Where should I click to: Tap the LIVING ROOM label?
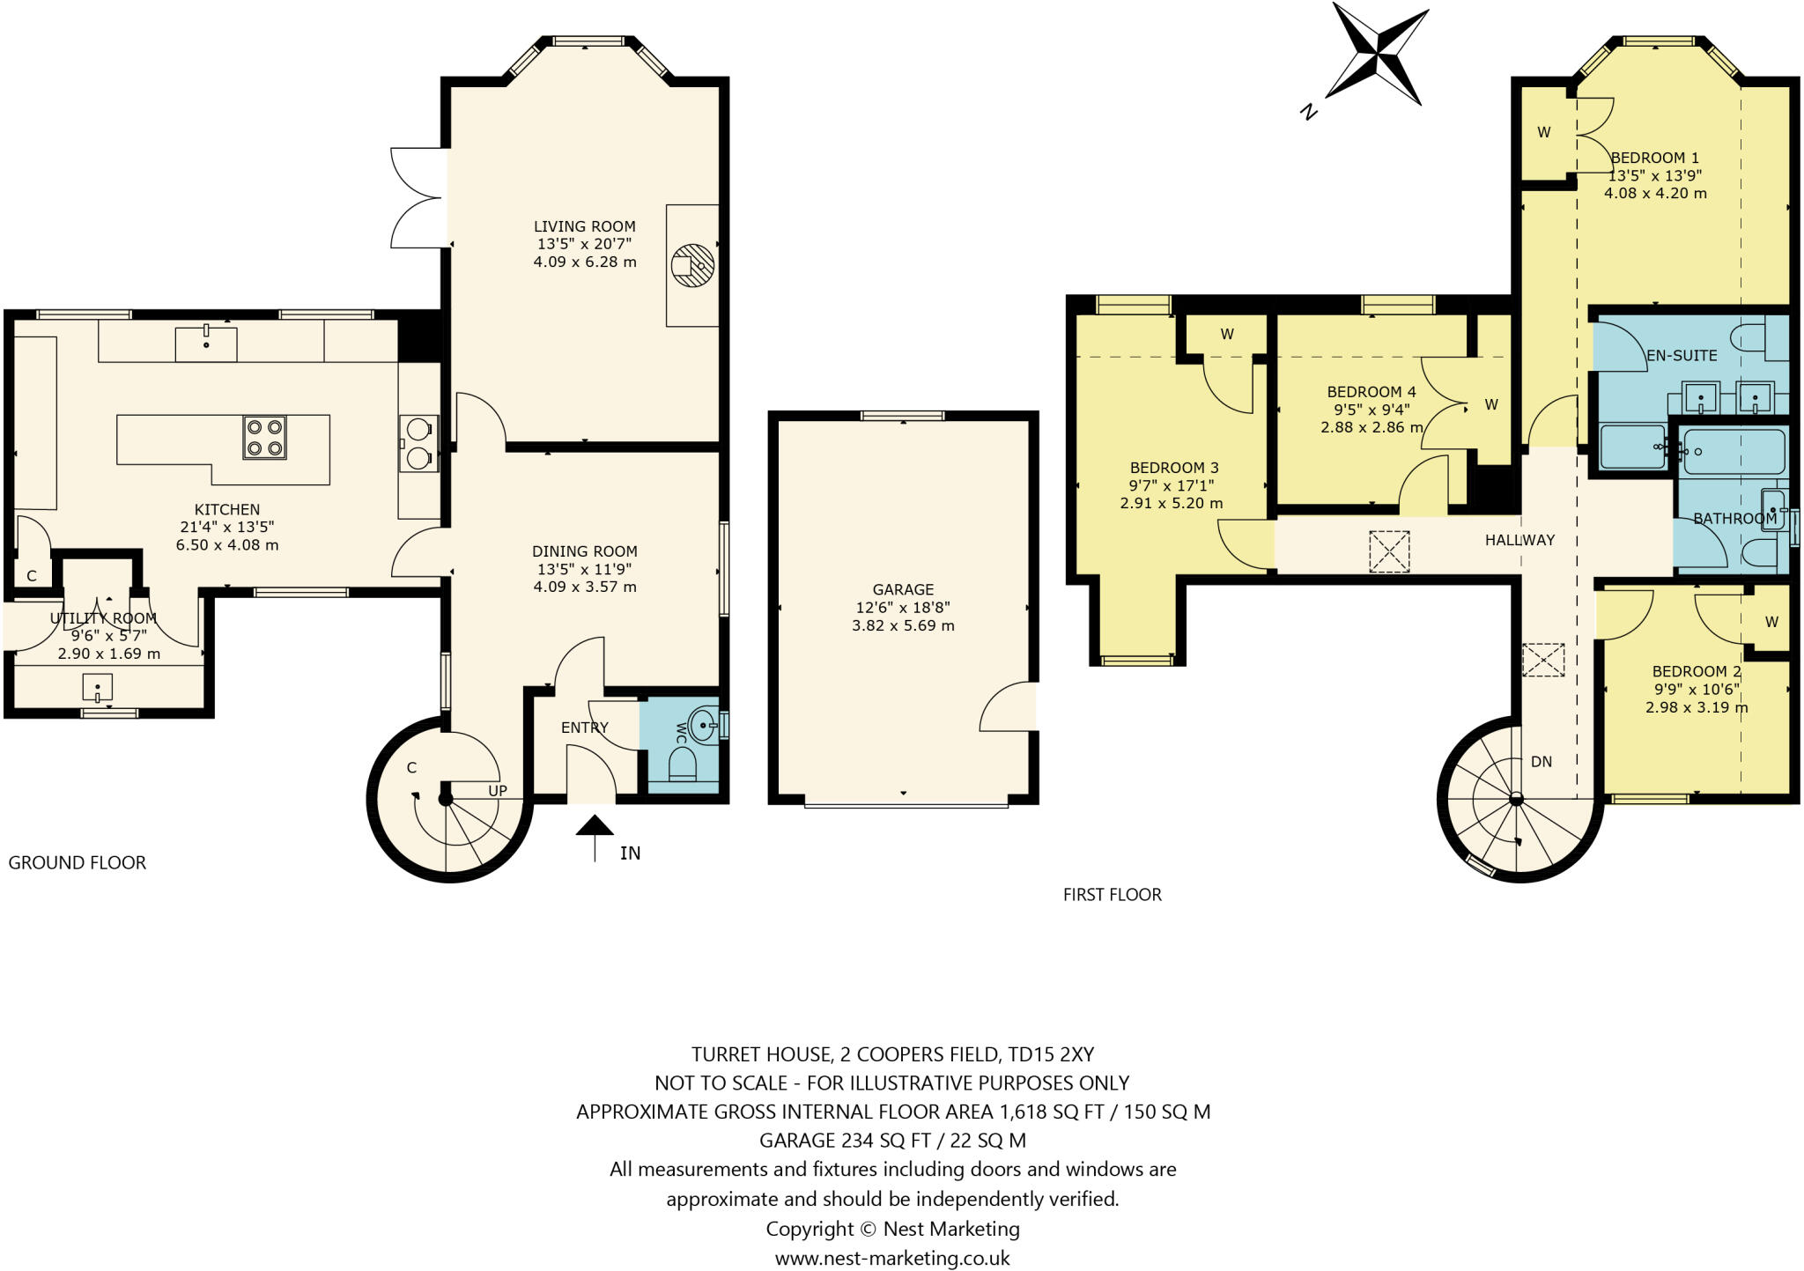click(584, 226)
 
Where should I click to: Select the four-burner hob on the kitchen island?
click(264, 438)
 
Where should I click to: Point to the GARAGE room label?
click(903, 589)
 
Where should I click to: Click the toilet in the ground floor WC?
click(683, 763)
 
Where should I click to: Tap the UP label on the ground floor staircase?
click(498, 791)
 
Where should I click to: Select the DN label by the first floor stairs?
click(1541, 762)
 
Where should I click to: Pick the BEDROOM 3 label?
click(1173, 468)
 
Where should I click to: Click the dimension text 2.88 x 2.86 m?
click(1371, 427)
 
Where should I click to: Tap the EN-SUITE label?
click(1682, 356)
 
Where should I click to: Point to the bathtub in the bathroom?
click(1731, 452)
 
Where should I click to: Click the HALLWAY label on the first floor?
click(1519, 540)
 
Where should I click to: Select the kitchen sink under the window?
click(206, 344)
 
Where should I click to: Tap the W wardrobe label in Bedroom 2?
click(1771, 622)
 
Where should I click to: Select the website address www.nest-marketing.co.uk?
click(892, 1258)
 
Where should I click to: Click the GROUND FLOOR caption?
click(78, 863)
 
